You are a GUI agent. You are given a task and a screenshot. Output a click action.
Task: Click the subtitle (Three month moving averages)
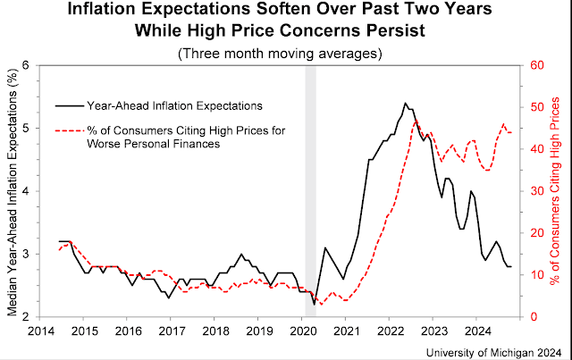[285, 53]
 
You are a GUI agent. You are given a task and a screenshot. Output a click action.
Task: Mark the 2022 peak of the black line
[405, 103]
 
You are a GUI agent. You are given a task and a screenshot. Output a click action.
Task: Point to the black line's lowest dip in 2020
[314, 305]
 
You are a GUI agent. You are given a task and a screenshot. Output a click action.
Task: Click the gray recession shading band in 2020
[310, 179]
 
